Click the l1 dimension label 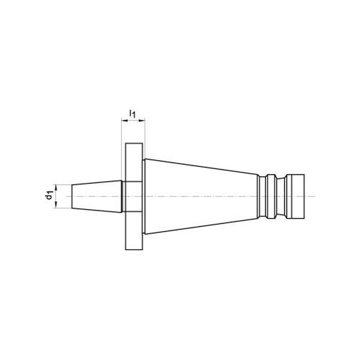coord(132,114)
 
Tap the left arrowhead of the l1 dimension coord(124,120)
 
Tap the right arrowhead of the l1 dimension coord(142,120)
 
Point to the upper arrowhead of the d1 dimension coord(56,187)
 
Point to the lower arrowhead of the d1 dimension coord(56,206)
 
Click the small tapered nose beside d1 coord(96,196)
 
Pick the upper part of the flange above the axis coord(134,162)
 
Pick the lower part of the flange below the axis coord(134,230)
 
